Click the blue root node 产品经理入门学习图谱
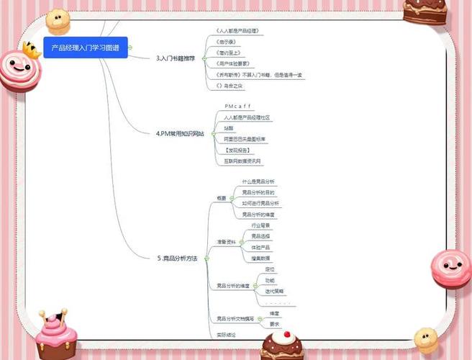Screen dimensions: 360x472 pyautogui.click(x=85, y=48)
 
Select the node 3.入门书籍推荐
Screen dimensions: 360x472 pyautogui.click(x=176, y=58)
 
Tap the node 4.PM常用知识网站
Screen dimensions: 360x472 pyautogui.click(x=180, y=133)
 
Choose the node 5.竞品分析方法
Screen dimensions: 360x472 pyautogui.click(x=177, y=257)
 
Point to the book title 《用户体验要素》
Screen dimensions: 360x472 pyautogui.click(x=235, y=63)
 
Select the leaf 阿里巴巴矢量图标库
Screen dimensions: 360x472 pyautogui.click(x=244, y=138)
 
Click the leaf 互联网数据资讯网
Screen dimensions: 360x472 pyautogui.click(x=242, y=161)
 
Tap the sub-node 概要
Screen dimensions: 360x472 pyautogui.click(x=222, y=197)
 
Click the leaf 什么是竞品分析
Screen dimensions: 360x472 pyautogui.click(x=258, y=181)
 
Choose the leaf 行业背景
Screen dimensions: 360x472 pyautogui.click(x=260, y=225)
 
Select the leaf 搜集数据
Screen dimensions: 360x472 pyautogui.click(x=260, y=257)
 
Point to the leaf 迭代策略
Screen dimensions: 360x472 pyautogui.click(x=274, y=291)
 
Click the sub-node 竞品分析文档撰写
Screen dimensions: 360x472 pyautogui.click(x=235, y=318)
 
